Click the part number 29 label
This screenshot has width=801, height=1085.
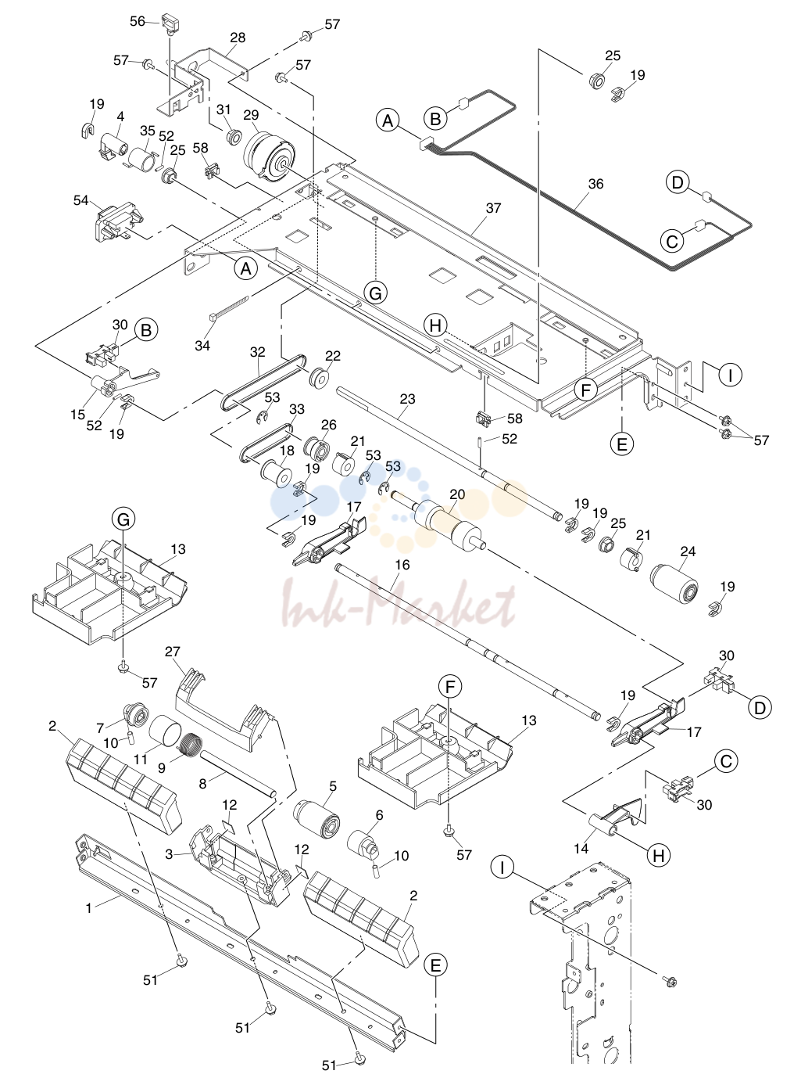pyautogui.click(x=251, y=115)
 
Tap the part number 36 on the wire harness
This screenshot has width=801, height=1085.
pyautogui.click(x=595, y=184)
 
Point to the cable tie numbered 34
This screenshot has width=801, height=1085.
pyautogui.click(x=228, y=308)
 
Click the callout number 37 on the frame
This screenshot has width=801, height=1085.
pyautogui.click(x=493, y=208)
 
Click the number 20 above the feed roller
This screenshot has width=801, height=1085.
pyautogui.click(x=457, y=494)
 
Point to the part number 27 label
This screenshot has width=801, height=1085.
pyautogui.click(x=173, y=652)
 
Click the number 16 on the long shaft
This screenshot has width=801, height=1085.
pyautogui.click(x=402, y=565)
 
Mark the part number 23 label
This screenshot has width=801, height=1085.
pyautogui.click(x=407, y=399)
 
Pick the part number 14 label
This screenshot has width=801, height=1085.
pyautogui.click(x=581, y=848)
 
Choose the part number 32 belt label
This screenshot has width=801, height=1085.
pyautogui.click(x=257, y=352)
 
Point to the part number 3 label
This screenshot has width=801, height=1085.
pyautogui.click(x=169, y=854)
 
